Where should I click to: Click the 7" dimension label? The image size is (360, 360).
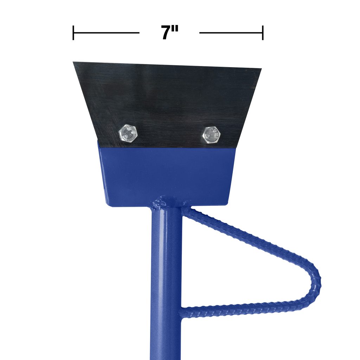click(x=170, y=33)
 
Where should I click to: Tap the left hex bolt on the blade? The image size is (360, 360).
click(x=128, y=133)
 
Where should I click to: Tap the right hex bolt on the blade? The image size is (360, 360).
click(x=212, y=134)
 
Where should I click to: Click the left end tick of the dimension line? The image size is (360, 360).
click(x=73, y=33)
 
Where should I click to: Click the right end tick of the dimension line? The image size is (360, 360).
click(x=263, y=33)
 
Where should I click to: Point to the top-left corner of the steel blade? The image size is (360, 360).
click(x=74, y=63)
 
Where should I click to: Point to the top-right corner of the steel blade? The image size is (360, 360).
click(x=261, y=69)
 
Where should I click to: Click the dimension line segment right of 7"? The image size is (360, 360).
click(x=231, y=33)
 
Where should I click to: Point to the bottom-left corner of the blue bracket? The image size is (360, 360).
click(x=108, y=205)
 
